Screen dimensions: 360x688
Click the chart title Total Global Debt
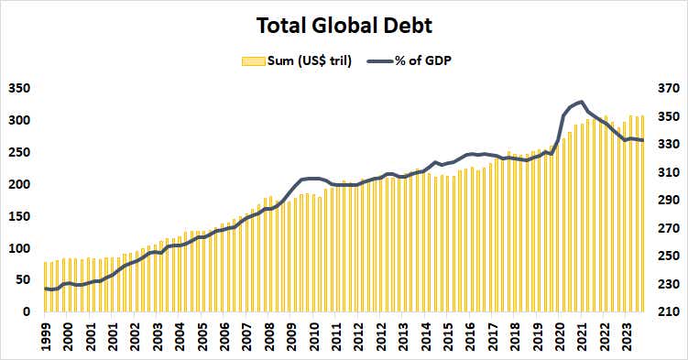tap(343, 25)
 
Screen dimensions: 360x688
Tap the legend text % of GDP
tap(422, 60)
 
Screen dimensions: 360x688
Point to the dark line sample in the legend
tap(380, 60)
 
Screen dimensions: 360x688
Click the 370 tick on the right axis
tap(667, 89)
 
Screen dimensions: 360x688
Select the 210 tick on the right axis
tap(667, 312)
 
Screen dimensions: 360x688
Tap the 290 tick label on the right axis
tap(667, 201)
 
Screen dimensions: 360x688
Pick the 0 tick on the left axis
tap(27, 312)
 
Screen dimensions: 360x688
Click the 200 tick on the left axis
tap(18, 184)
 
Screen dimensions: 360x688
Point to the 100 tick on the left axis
tap(18, 248)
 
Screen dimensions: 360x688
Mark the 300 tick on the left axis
tap(18, 120)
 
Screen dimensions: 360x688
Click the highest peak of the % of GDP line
tap(581, 102)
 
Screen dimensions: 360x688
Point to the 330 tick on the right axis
tap(667, 145)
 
